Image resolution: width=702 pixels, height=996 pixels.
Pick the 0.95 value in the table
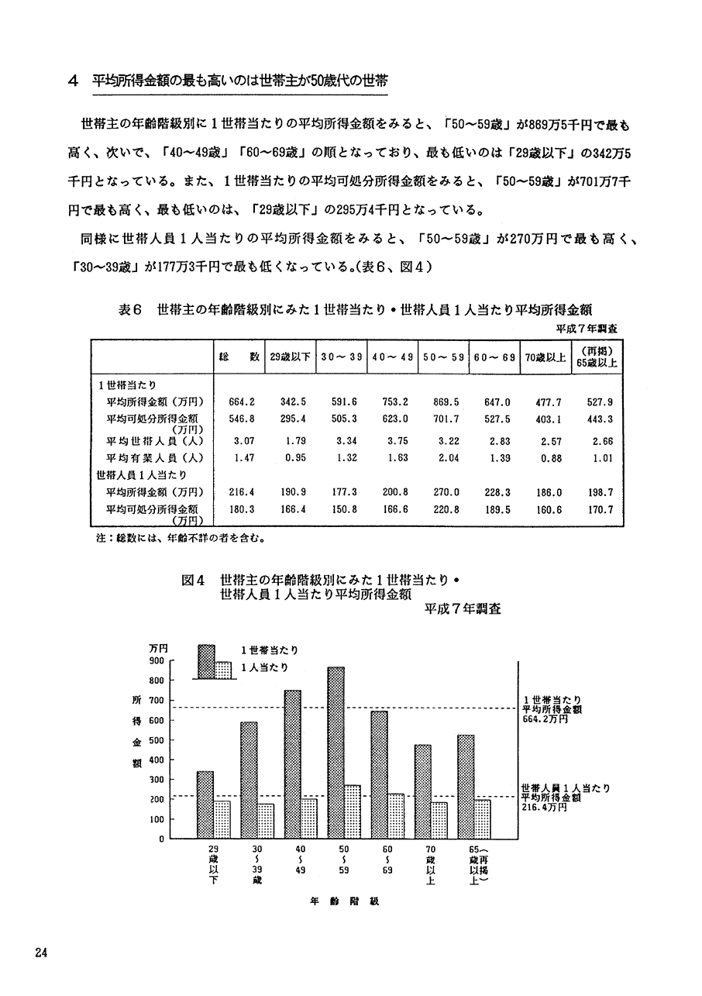pyautogui.click(x=290, y=458)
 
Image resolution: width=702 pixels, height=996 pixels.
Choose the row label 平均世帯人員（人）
pyautogui.click(x=155, y=441)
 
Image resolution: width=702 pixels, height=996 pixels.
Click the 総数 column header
pyautogui.click(x=238, y=357)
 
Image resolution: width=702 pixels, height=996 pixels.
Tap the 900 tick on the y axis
pyautogui.click(x=156, y=661)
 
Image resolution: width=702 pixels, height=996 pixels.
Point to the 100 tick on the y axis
pyautogui.click(x=156, y=819)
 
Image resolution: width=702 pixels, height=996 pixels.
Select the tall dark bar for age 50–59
pyautogui.click(x=335, y=752)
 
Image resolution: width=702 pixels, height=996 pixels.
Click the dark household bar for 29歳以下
pyautogui.click(x=205, y=805)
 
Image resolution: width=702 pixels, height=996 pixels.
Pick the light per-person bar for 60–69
pyautogui.click(x=396, y=816)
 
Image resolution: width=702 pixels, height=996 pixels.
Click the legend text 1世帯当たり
pyautogui.click(x=269, y=650)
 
